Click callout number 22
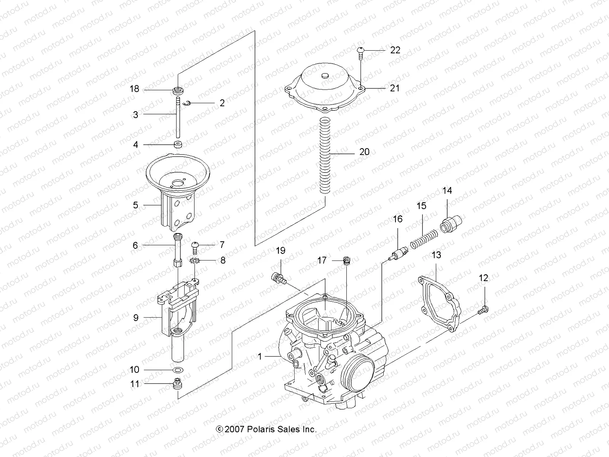coord(395,50)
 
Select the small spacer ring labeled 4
coord(178,145)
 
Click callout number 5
coord(136,205)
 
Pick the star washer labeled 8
coord(194,261)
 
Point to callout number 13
coord(436,255)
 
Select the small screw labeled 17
coord(346,260)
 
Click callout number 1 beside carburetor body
coord(260,357)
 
